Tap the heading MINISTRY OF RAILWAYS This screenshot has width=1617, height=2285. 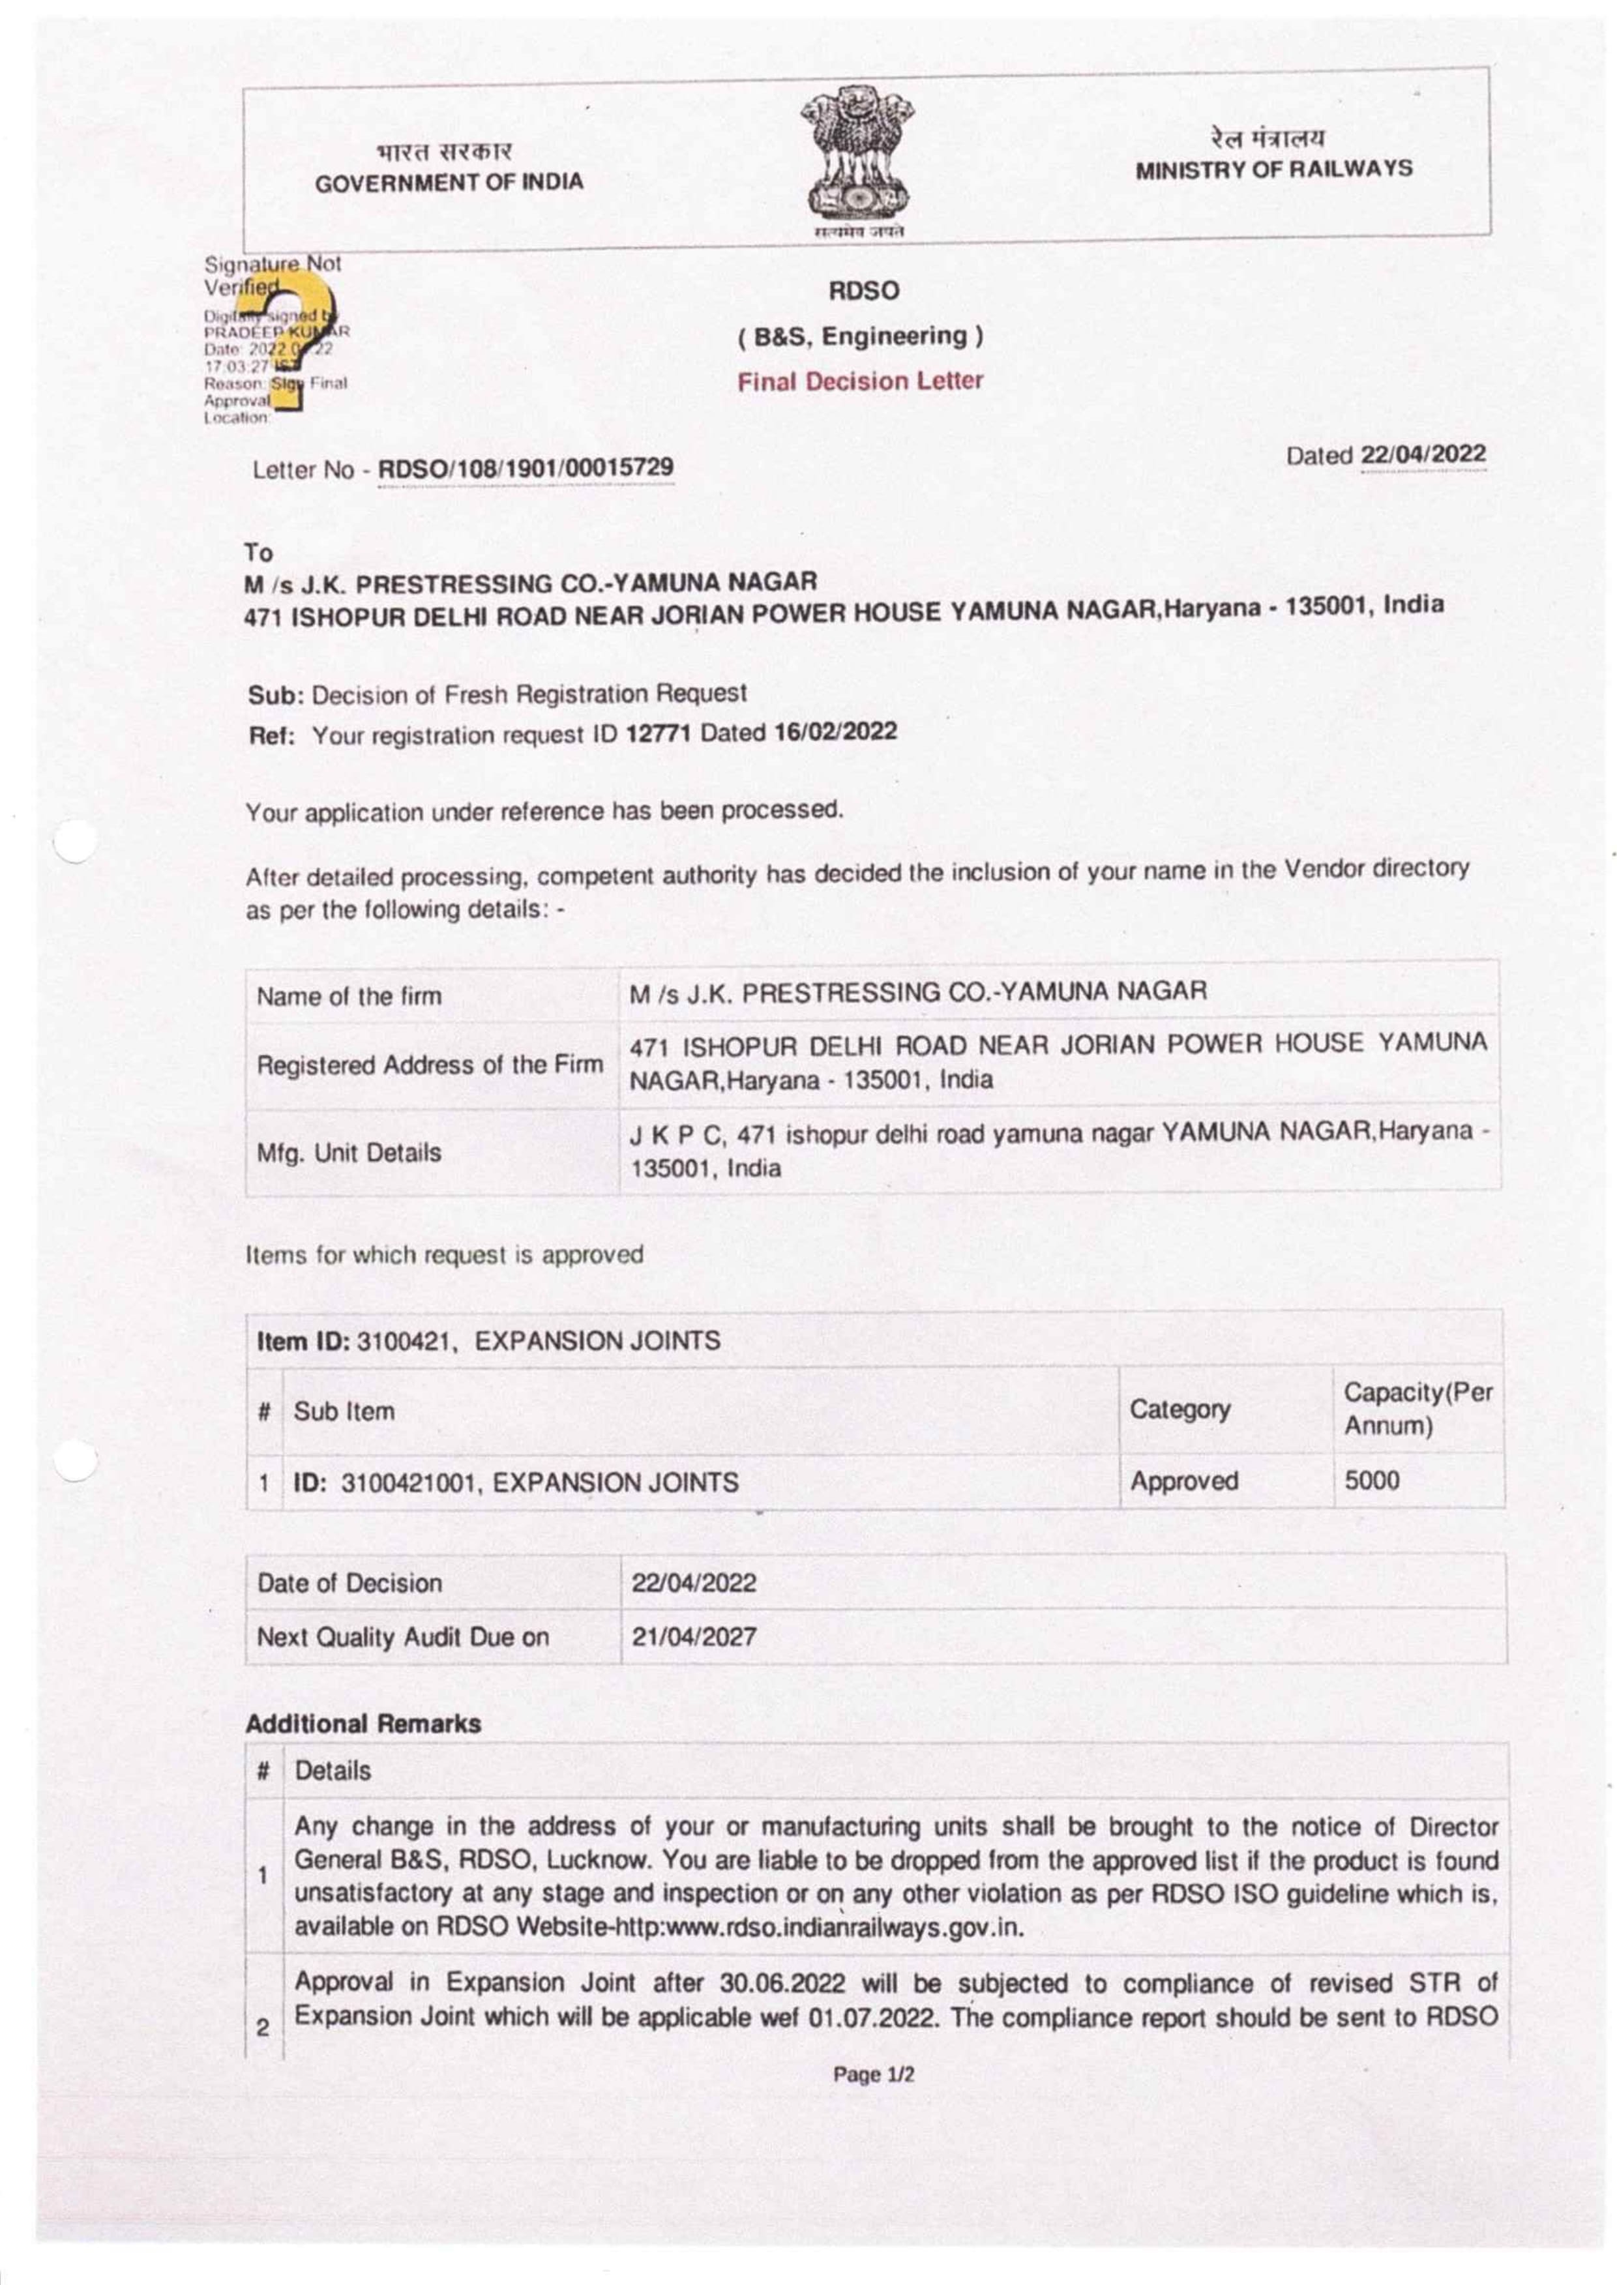[1275, 170]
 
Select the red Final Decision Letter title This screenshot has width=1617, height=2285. [860, 381]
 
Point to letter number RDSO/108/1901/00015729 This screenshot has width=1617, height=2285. [526, 467]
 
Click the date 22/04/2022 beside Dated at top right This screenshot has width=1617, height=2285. [1424, 454]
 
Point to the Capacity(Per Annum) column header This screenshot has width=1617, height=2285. [1418, 1408]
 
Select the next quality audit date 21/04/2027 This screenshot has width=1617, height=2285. [693, 1636]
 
